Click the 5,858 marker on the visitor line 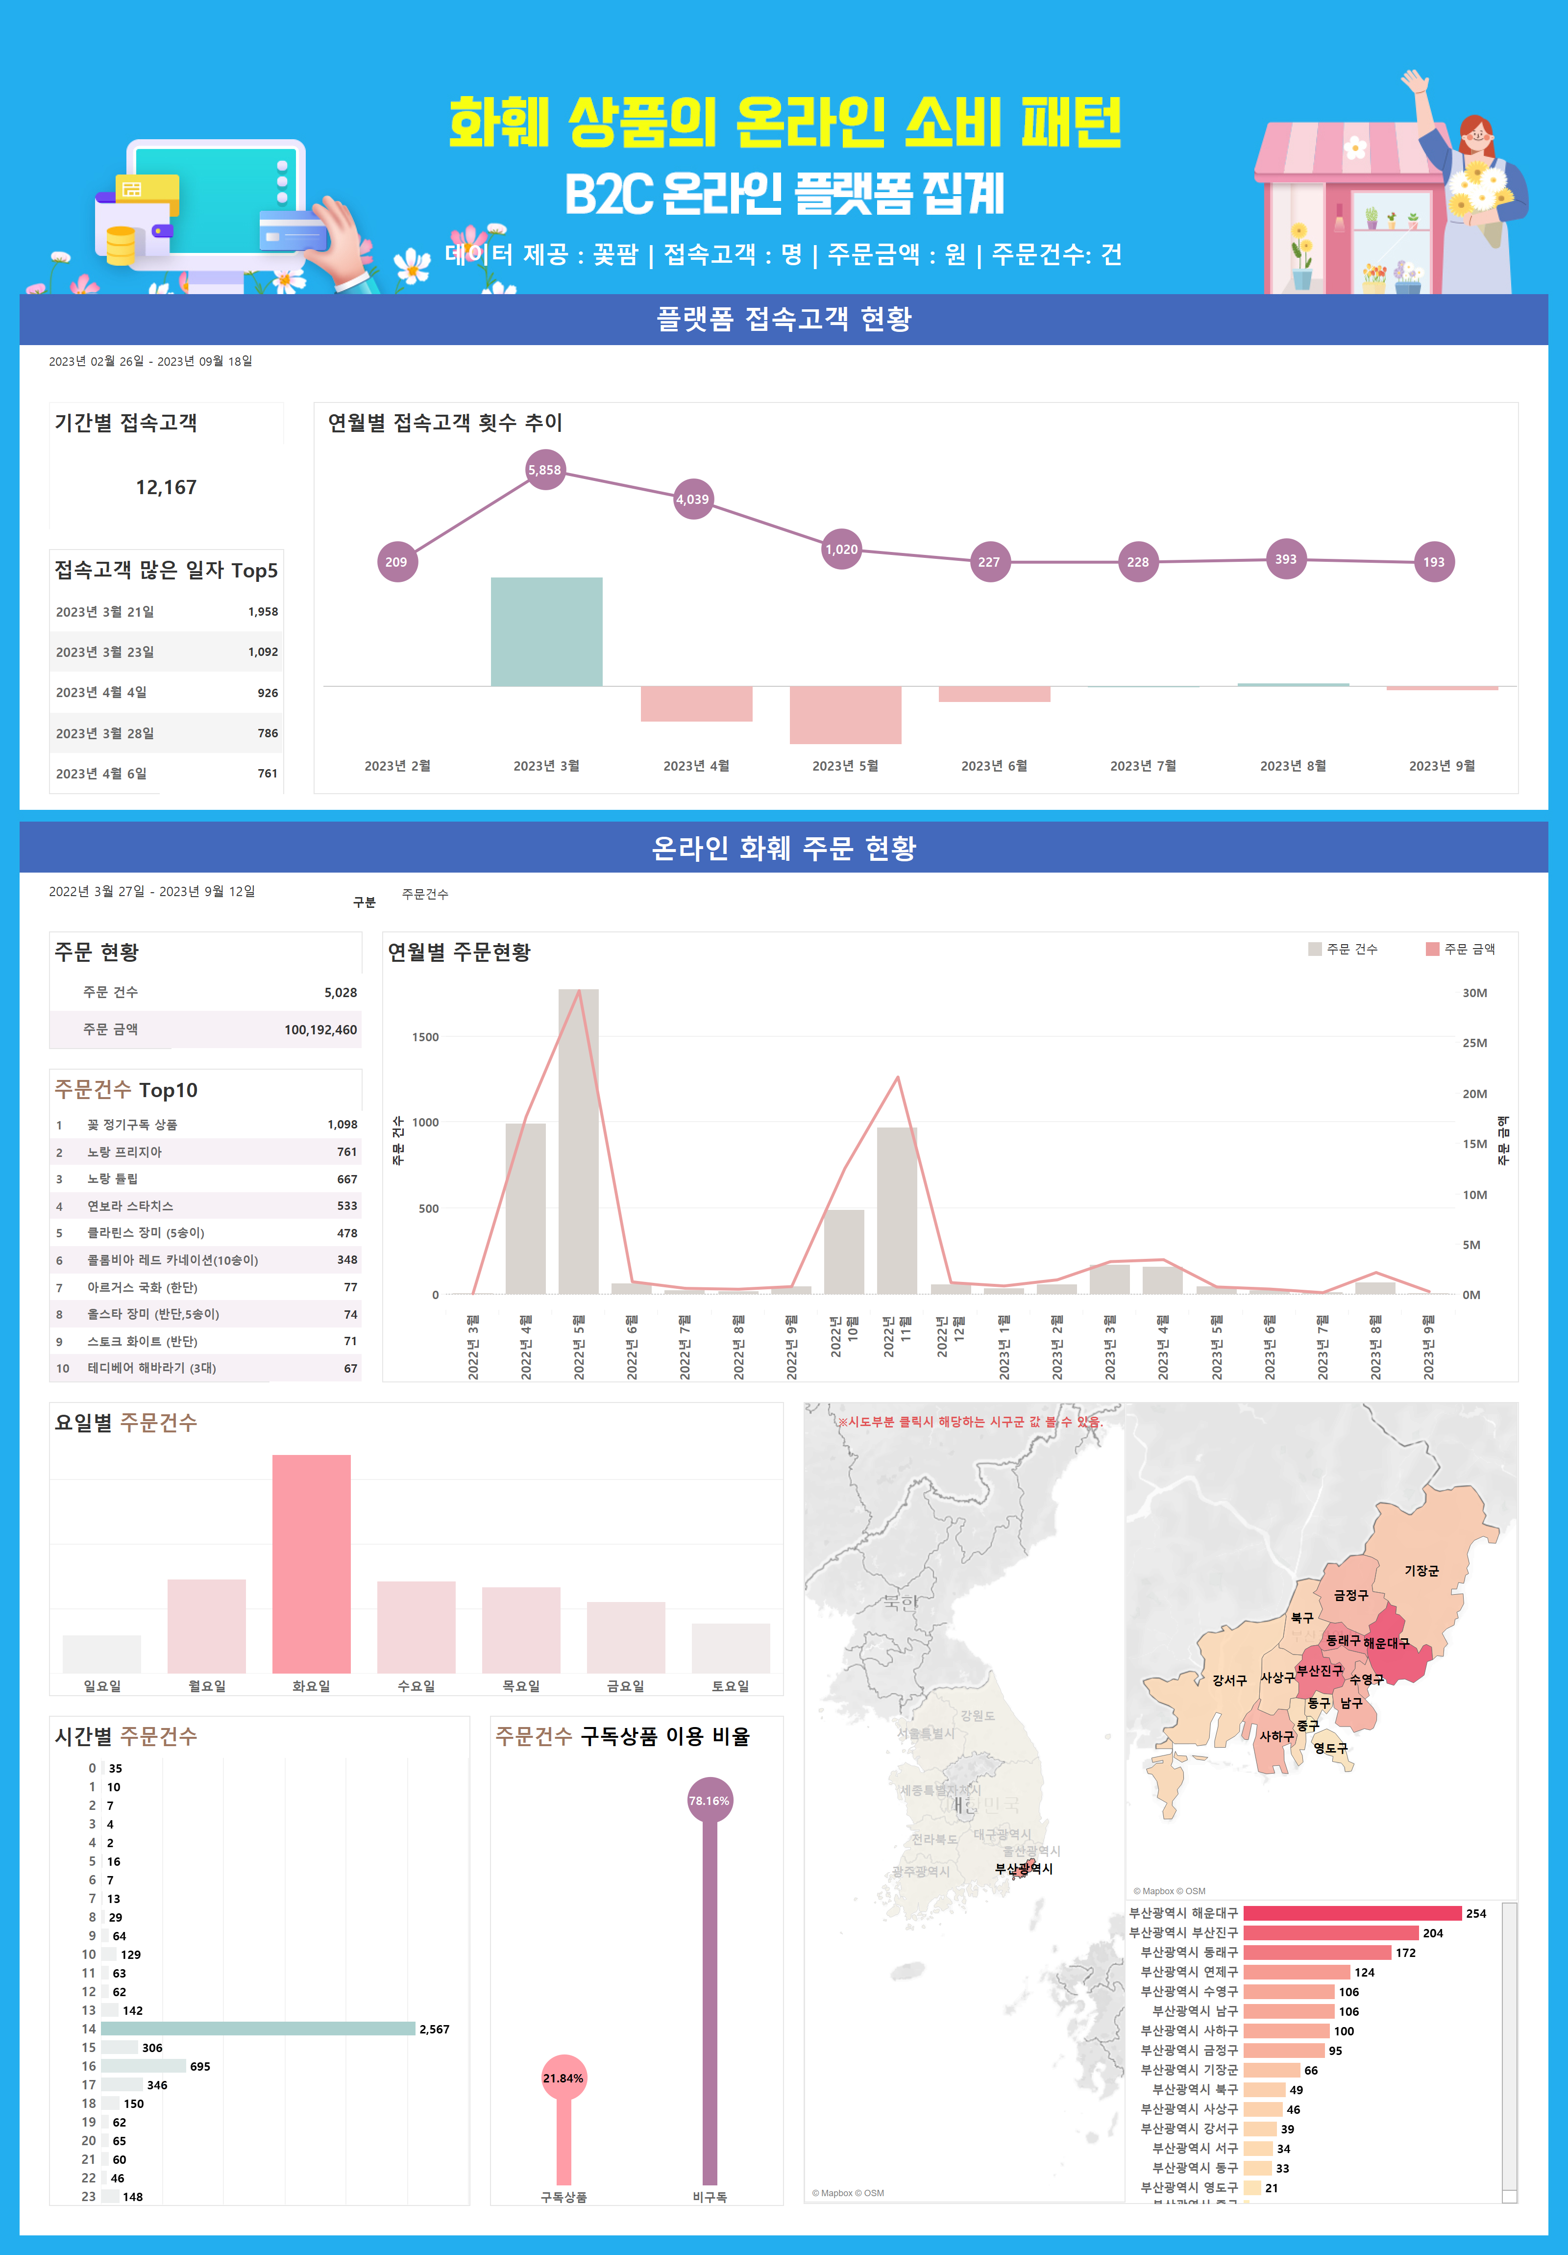click(x=545, y=470)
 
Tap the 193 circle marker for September click(x=1433, y=562)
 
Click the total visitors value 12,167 click(x=166, y=487)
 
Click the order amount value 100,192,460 click(x=320, y=1029)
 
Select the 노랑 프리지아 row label click(x=124, y=1152)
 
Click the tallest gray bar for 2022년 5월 click(x=578, y=1139)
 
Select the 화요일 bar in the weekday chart click(x=311, y=1564)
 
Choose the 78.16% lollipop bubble click(x=709, y=1800)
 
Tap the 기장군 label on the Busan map click(x=1421, y=1571)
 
